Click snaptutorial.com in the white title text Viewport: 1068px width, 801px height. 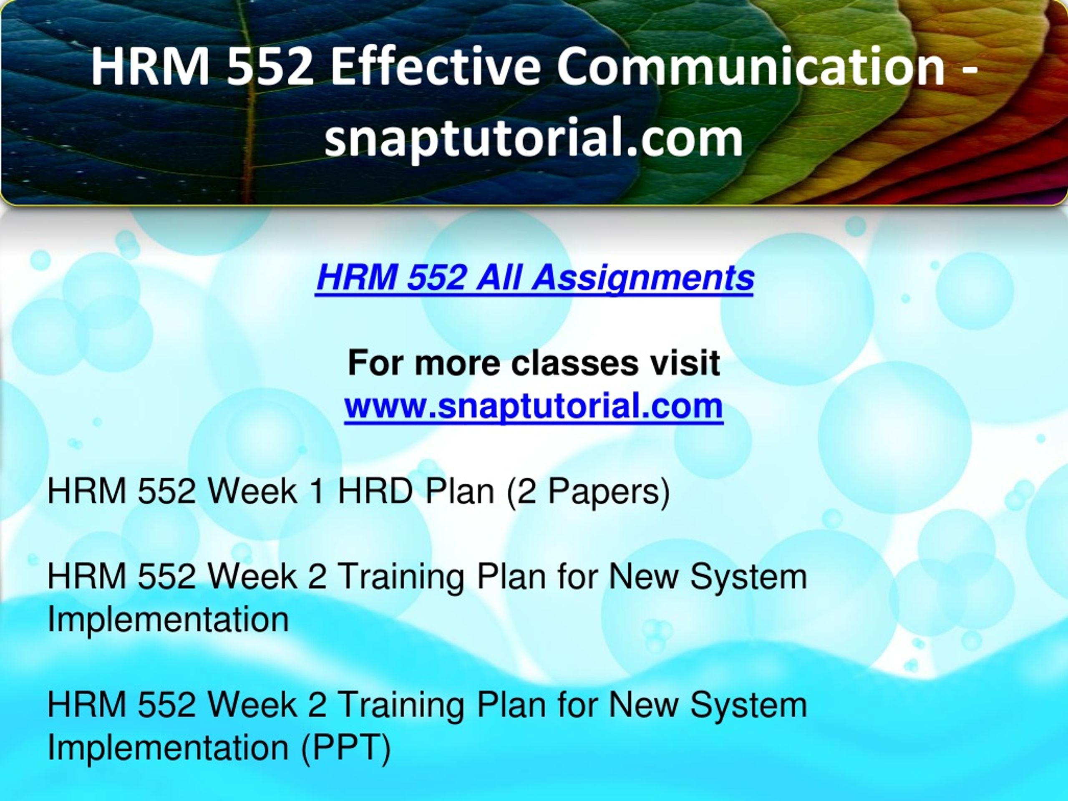coord(534,139)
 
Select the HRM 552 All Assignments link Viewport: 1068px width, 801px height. coord(534,279)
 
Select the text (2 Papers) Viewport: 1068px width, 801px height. coord(587,492)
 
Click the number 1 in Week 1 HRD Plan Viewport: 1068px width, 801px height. coord(317,491)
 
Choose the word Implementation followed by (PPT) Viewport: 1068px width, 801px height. coord(168,748)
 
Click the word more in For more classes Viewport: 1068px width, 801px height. coord(457,365)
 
